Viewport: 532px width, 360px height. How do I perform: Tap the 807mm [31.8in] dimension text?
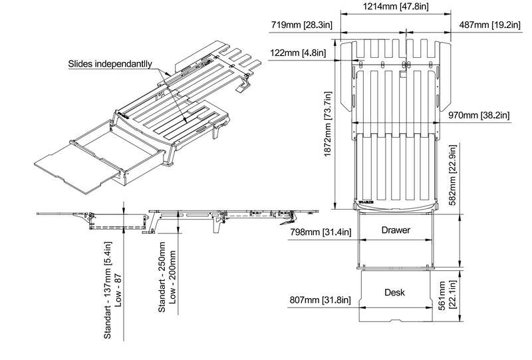click(320, 300)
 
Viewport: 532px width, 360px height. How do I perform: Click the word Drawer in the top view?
click(395, 230)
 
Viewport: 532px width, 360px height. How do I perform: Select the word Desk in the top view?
click(395, 292)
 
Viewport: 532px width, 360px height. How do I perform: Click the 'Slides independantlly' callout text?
click(110, 65)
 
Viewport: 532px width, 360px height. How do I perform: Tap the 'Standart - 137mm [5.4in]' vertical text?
click(107, 293)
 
